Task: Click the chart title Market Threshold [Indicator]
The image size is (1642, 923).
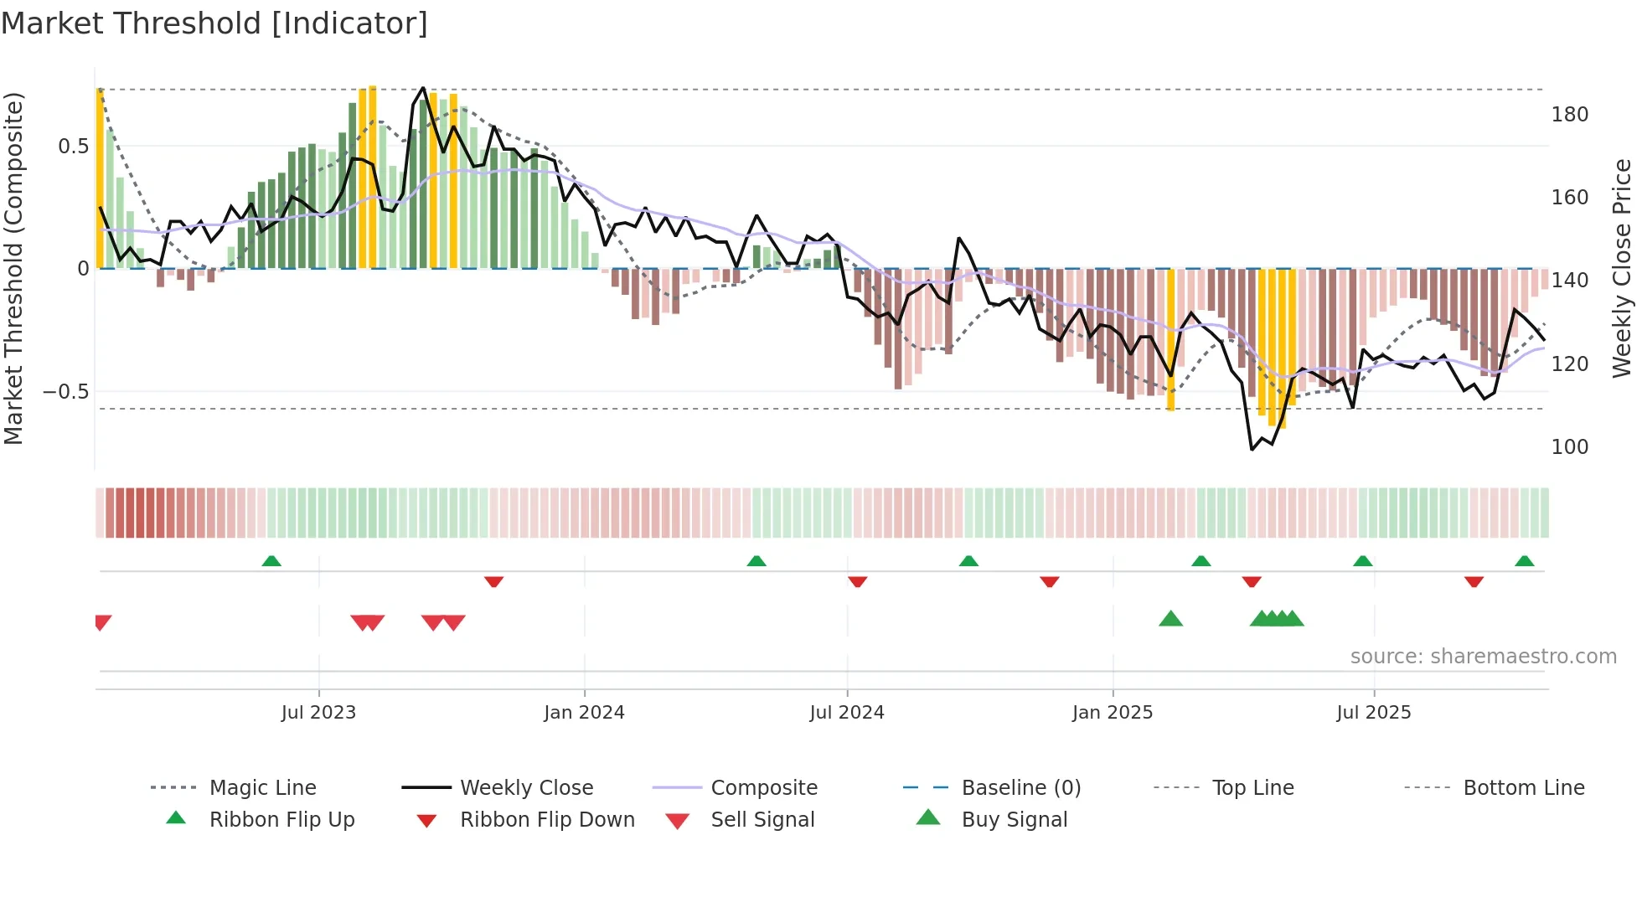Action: point(214,23)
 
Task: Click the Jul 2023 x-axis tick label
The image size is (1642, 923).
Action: point(318,713)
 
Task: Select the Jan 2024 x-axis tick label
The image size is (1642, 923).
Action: point(584,713)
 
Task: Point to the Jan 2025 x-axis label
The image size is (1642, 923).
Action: point(1113,713)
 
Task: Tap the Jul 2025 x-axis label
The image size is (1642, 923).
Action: point(1374,713)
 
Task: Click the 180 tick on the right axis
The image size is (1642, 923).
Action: point(1569,115)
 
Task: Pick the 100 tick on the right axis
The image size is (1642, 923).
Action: point(1569,447)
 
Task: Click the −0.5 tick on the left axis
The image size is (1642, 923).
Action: point(65,392)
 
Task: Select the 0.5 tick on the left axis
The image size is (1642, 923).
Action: point(73,147)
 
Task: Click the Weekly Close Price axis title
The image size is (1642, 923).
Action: point(1623,268)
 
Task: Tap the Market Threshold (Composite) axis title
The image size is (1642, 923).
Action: point(14,268)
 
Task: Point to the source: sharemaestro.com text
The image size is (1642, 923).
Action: point(1483,657)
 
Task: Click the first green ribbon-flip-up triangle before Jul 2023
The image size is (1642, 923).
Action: point(271,561)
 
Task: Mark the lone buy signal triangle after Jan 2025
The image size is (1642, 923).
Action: point(1170,619)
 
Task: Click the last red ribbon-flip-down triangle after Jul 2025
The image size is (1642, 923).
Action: point(1474,581)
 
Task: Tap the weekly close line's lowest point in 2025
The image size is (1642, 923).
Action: point(1252,450)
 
